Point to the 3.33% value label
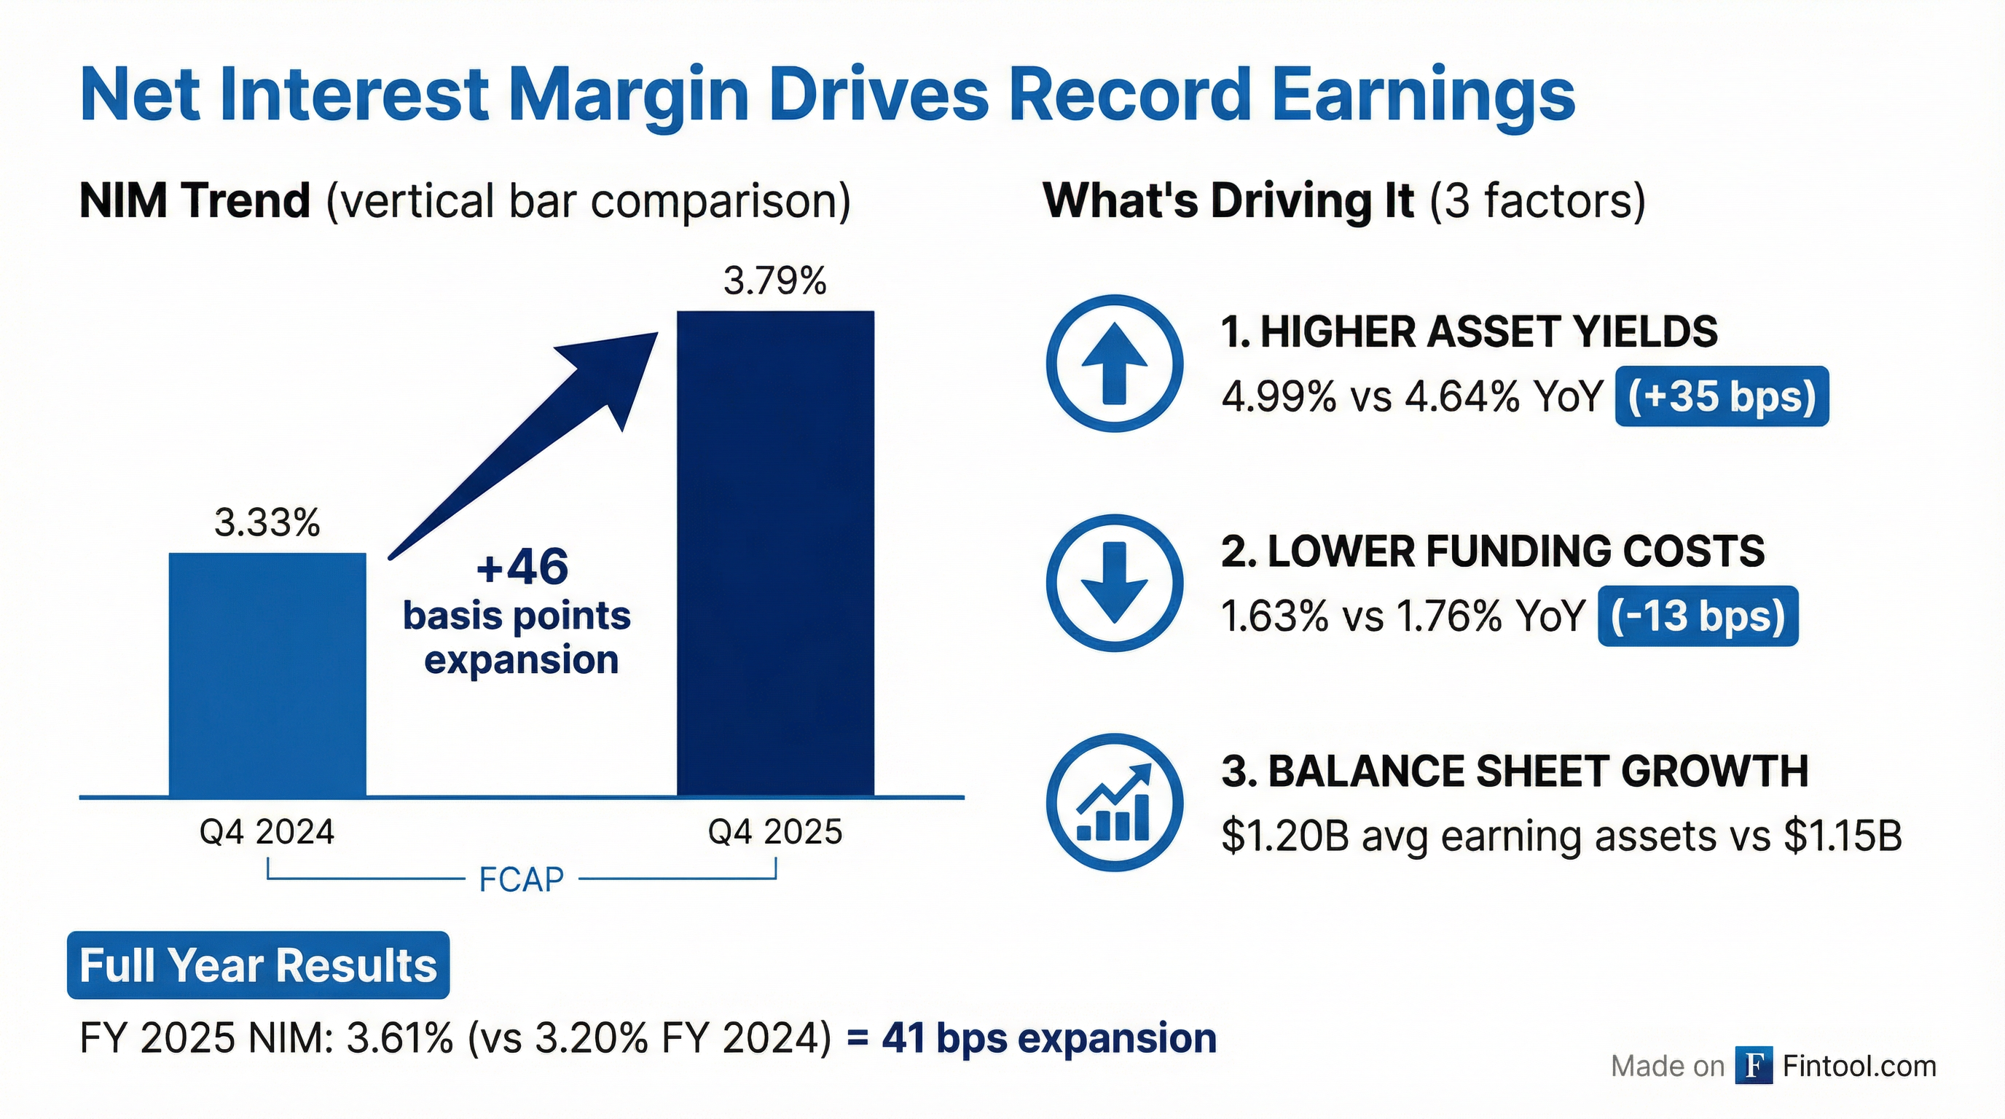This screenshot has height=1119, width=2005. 267,523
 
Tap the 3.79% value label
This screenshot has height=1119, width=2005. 774,281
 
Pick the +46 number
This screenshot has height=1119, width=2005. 522,567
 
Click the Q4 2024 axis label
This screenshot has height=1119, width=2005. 267,833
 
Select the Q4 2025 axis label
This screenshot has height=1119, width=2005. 774,833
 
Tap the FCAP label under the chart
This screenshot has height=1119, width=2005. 521,880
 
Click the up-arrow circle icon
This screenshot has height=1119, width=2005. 1115,364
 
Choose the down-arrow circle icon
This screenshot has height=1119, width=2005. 1115,583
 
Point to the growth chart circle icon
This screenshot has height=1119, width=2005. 1115,802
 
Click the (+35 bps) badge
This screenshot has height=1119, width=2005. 1722,397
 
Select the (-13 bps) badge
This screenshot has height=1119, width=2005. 1698,616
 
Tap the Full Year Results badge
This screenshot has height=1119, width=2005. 259,966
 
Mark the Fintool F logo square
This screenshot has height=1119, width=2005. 1754,1065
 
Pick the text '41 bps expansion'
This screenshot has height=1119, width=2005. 1048,1038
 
